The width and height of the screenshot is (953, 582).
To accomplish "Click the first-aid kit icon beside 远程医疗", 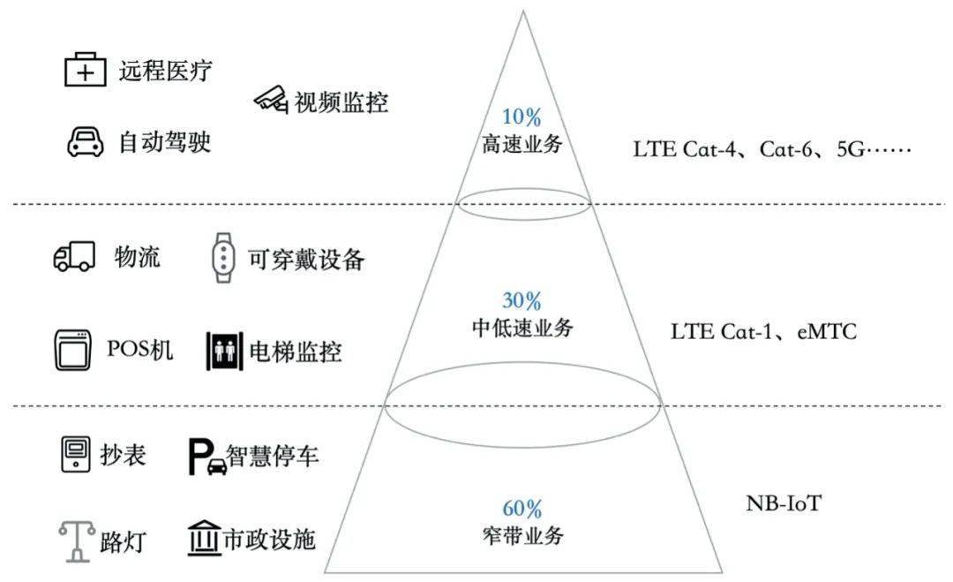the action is [85, 70].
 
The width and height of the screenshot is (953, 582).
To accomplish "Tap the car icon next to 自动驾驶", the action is [85, 141].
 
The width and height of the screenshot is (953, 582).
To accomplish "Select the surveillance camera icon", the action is [271, 99].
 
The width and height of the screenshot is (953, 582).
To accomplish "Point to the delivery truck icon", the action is [74, 256].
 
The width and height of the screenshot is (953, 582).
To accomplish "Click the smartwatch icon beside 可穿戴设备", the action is [223, 258].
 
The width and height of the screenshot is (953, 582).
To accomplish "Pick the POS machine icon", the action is [73, 351].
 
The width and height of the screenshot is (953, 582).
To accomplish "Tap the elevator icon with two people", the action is [224, 351].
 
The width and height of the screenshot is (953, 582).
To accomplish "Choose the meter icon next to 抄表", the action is [76, 454].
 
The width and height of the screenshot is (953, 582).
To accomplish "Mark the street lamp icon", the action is [77, 540].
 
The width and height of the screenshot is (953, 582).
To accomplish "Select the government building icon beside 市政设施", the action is [204, 538].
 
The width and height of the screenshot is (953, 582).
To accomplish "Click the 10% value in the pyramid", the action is [522, 117].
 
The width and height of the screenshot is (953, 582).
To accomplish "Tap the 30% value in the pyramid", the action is [522, 300].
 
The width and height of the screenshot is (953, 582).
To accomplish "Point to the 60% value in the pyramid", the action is [522, 509].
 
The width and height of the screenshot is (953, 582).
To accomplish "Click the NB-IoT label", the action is [784, 503].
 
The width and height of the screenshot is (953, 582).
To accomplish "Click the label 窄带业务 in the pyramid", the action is [522, 536].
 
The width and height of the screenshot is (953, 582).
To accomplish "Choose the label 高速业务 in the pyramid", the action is [522, 144].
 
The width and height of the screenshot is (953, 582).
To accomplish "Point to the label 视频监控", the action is [341, 102].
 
